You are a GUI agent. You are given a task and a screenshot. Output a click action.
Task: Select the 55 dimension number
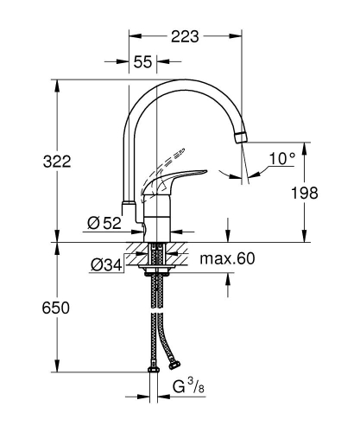pyautogui.click(x=142, y=61)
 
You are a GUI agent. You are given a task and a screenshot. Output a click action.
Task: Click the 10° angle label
pyautogui.click(x=281, y=159)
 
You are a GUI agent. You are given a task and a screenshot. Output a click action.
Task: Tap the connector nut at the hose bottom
pyautogui.click(x=154, y=371)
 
